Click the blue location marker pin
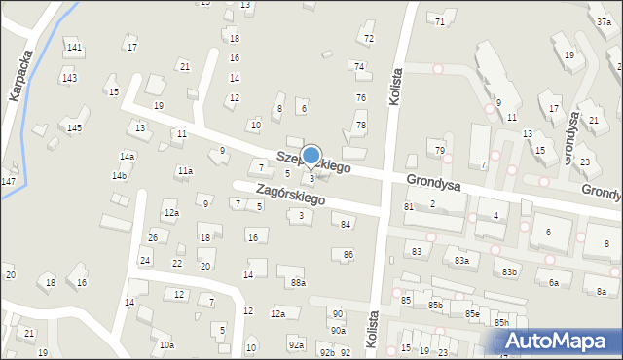[311, 156]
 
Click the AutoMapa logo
[558, 342]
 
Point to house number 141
[74, 47]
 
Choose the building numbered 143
[69, 78]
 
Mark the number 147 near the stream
[8, 182]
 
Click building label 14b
[119, 175]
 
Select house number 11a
[184, 171]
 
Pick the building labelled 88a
[298, 283]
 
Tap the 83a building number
[461, 261]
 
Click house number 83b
[510, 272]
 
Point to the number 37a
[604, 21]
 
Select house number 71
[440, 21]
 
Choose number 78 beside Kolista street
[360, 126]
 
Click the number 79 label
[439, 150]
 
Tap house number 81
[409, 206]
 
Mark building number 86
[348, 255]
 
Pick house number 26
[152, 237]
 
